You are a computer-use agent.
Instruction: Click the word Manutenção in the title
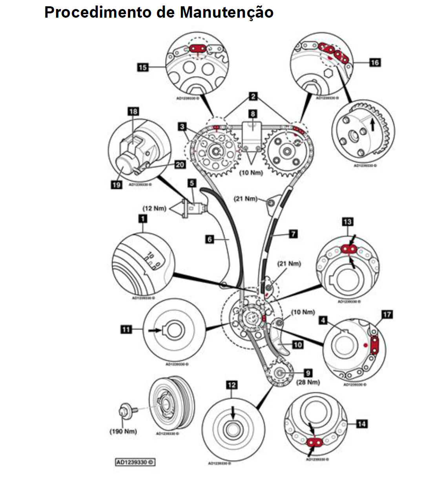(226, 12)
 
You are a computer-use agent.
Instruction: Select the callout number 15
(143, 67)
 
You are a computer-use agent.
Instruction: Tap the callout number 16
(375, 62)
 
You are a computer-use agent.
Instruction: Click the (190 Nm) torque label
(123, 431)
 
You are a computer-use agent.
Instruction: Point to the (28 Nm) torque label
(308, 382)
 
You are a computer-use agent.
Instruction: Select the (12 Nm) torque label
(154, 208)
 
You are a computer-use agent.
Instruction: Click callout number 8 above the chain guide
(253, 114)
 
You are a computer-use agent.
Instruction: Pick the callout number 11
(126, 329)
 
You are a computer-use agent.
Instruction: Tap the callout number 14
(362, 424)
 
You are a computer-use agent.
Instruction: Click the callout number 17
(387, 315)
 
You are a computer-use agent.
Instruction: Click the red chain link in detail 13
(348, 249)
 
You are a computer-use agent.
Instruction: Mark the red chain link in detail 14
(314, 443)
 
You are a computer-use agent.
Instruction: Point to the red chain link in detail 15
(198, 48)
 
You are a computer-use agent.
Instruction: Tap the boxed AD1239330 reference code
(135, 462)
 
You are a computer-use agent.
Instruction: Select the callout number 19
(117, 184)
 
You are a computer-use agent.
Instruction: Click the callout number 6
(210, 239)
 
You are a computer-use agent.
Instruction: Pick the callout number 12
(232, 385)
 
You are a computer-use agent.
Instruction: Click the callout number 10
(298, 345)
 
